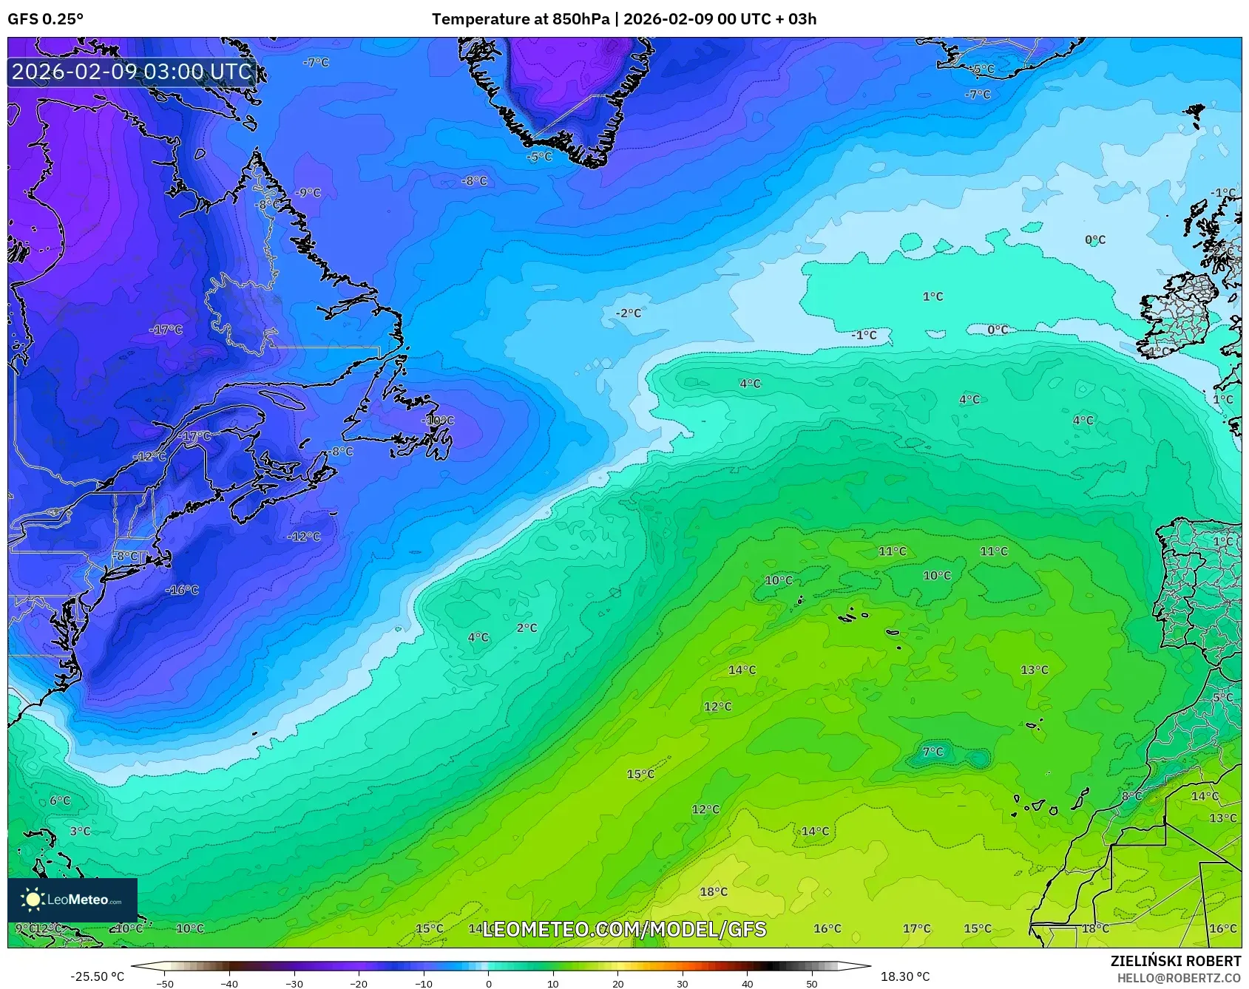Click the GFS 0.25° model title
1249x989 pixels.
(x=45, y=19)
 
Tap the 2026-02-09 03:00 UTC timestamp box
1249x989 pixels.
(x=132, y=72)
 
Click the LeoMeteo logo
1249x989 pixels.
(x=72, y=900)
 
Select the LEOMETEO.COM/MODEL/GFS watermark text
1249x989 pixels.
(x=624, y=929)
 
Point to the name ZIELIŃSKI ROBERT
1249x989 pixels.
(x=1176, y=961)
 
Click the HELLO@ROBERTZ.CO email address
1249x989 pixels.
(x=1179, y=978)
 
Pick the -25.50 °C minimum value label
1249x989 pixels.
(x=97, y=976)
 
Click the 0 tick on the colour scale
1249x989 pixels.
(x=488, y=983)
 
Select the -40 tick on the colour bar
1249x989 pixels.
(x=229, y=983)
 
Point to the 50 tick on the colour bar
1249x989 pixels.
(x=812, y=983)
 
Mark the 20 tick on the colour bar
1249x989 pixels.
(x=617, y=983)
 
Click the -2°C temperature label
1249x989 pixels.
(x=629, y=313)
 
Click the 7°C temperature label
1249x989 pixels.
(x=933, y=752)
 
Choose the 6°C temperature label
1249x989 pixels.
(x=60, y=801)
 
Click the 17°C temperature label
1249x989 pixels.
(x=916, y=928)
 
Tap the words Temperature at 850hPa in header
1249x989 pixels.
(x=521, y=19)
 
